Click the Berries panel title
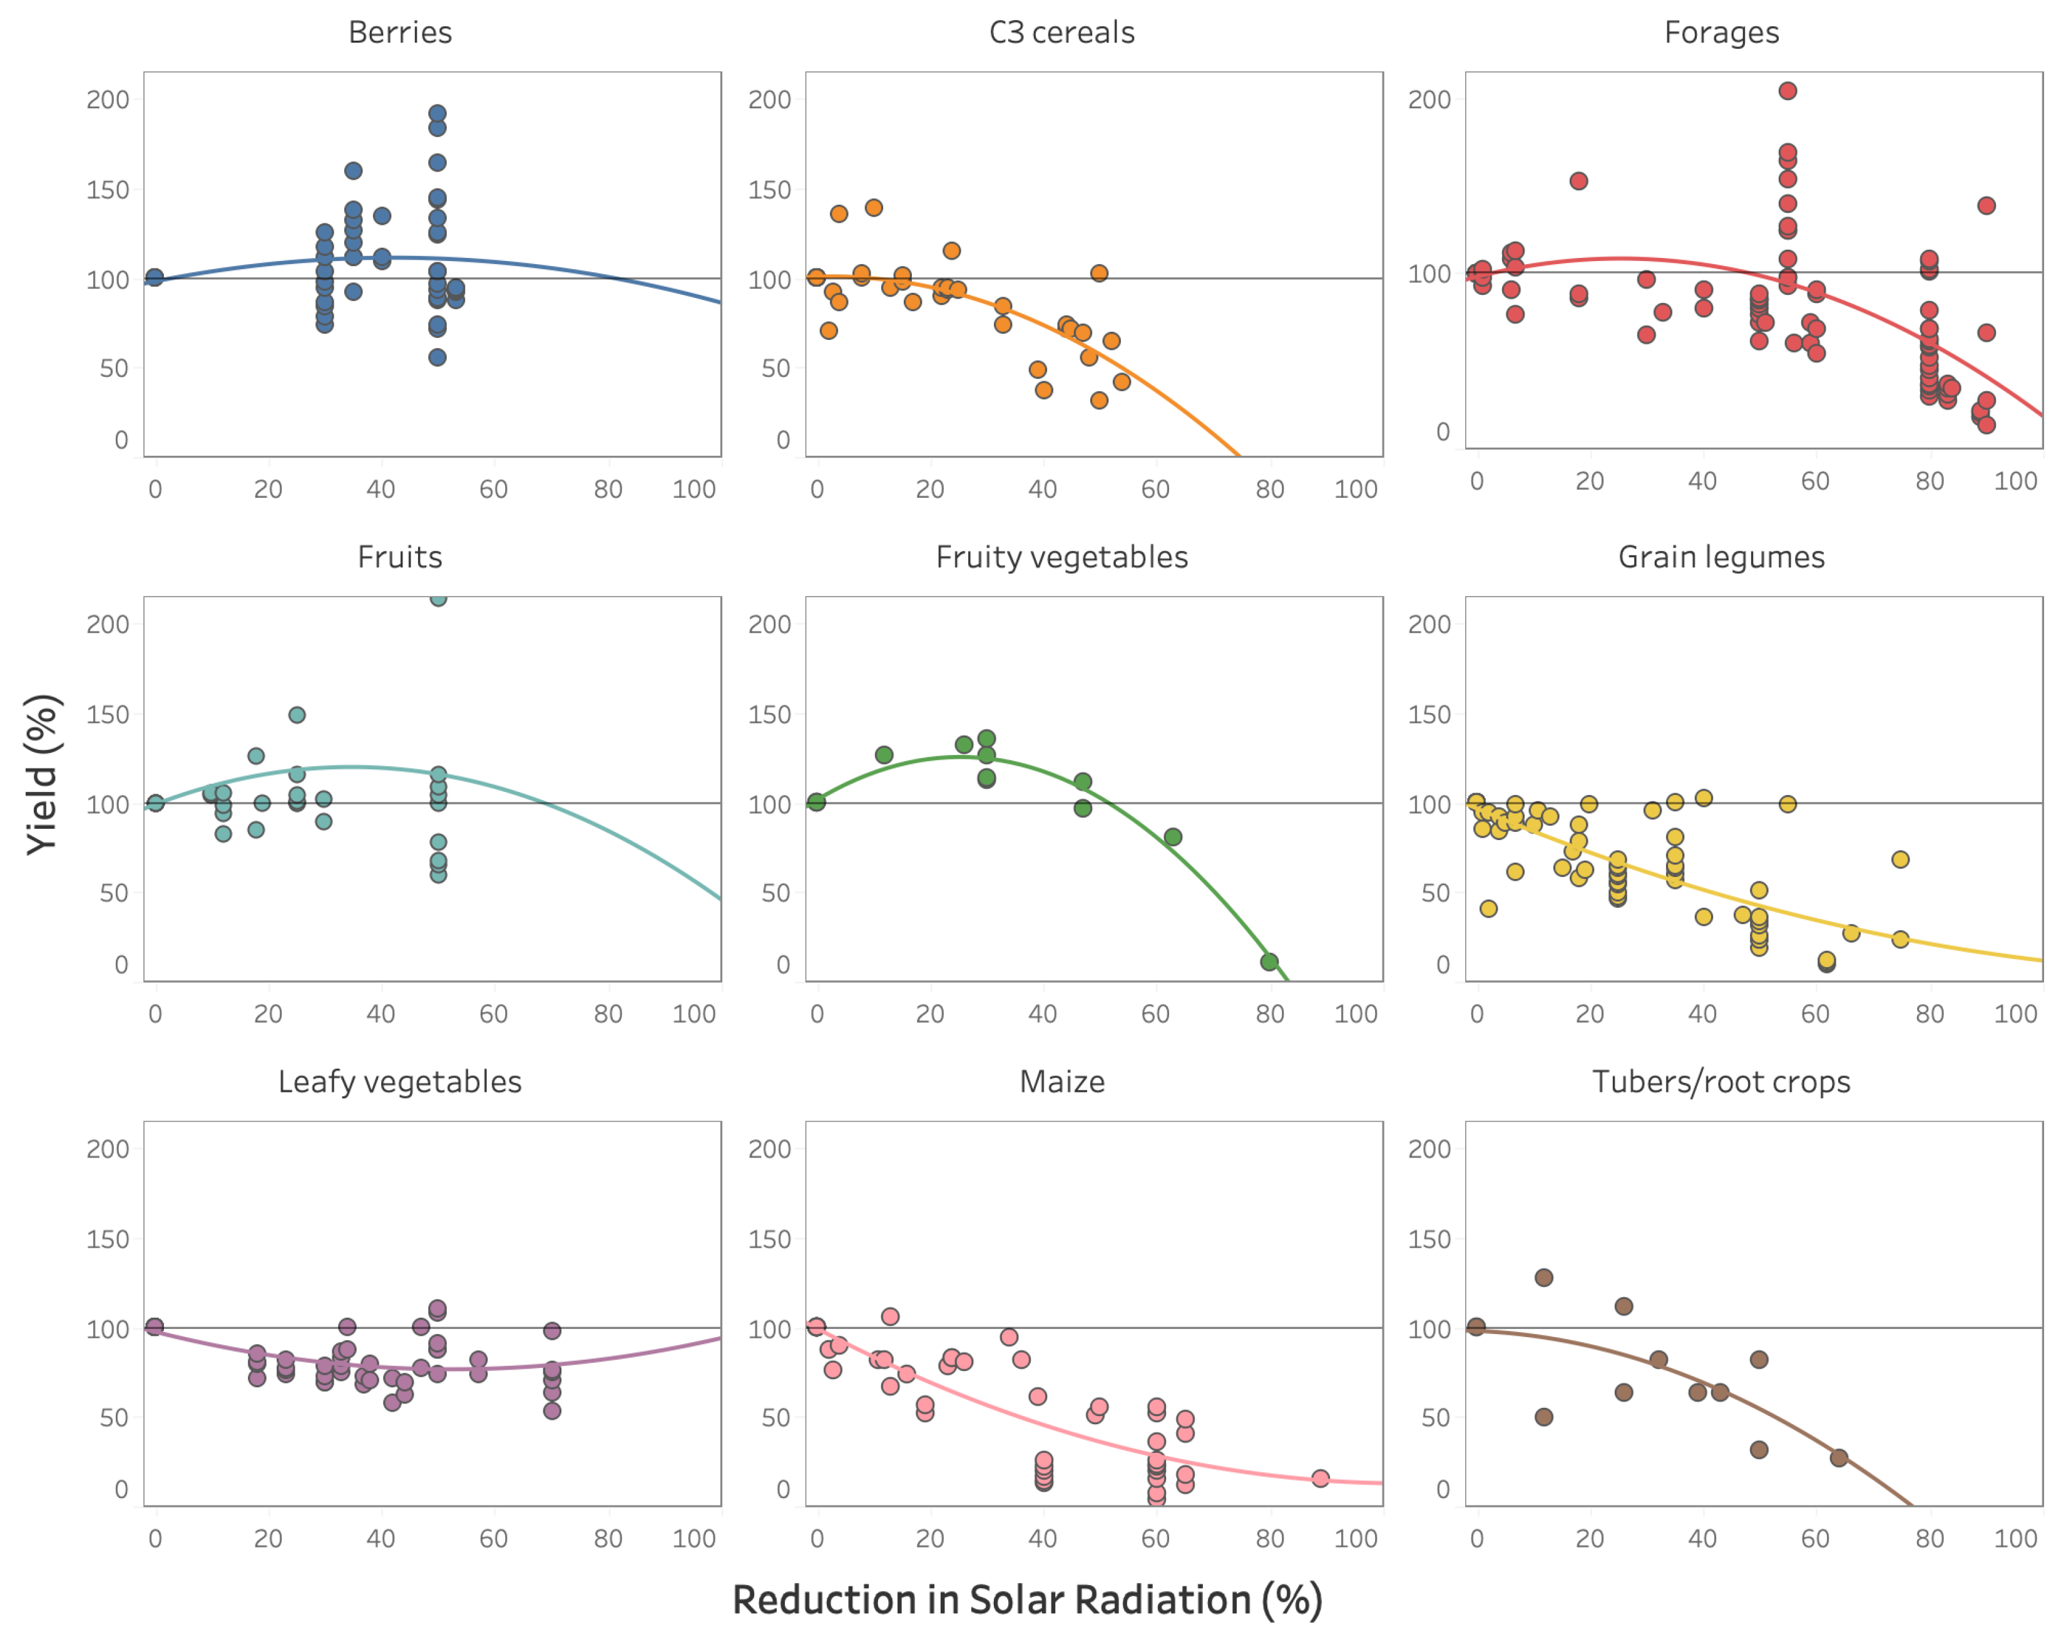tap(399, 33)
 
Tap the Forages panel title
tap(1721, 33)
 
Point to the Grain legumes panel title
tap(1721, 557)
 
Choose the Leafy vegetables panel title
tap(399, 1082)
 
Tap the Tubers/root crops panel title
tap(1721, 1082)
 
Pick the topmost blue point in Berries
tap(437, 114)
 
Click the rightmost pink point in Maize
tap(1320, 1478)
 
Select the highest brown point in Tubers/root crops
tap(1543, 1278)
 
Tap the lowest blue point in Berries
tap(437, 357)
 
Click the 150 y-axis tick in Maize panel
tap(770, 1239)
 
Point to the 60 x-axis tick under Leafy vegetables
tap(494, 1538)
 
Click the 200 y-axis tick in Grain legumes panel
tap(1429, 624)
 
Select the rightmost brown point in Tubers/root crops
tap(1838, 1458)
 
